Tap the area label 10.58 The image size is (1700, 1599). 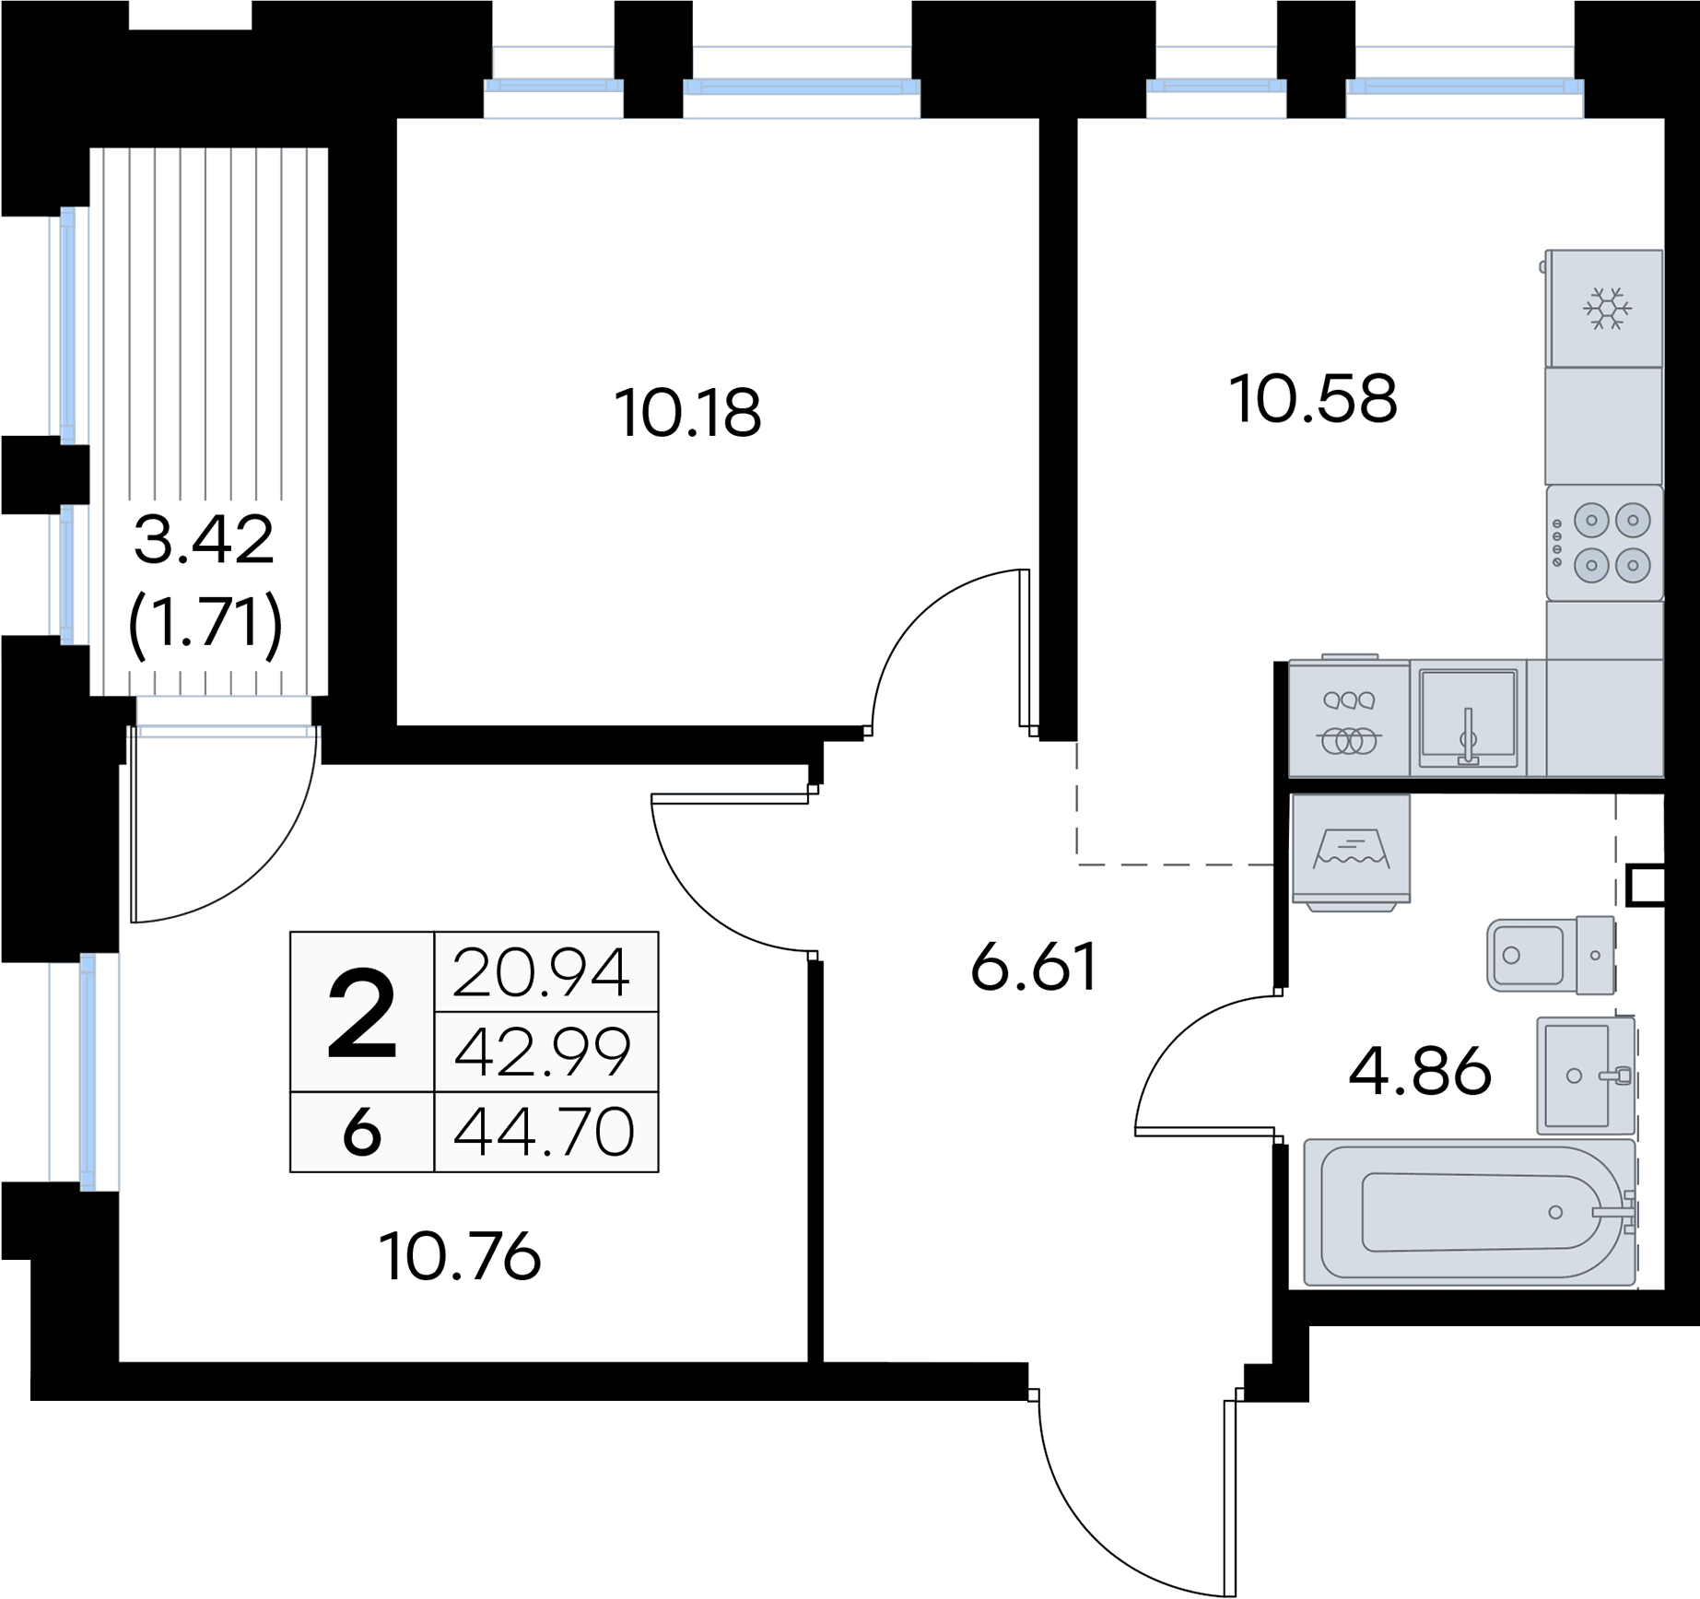click(x=1313, y=398)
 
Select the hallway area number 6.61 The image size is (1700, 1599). click(x=1034, y=966)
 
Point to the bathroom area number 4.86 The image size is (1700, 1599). click(x=1420, y=1070)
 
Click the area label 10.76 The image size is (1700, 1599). click(x=460, y=1255)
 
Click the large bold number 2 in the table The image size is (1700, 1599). click(x=362, y=1015)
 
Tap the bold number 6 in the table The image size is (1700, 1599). click(x=361, y=1132)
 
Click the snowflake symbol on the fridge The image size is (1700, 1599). click(x=1607, y=308)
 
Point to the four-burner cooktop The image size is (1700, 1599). click(x=1604, y=543)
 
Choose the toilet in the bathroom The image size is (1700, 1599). click(x=1551, y=955)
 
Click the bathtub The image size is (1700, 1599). click(x=1470, y=1212)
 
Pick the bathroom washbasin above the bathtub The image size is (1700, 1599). click(x=1585, y=1075)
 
